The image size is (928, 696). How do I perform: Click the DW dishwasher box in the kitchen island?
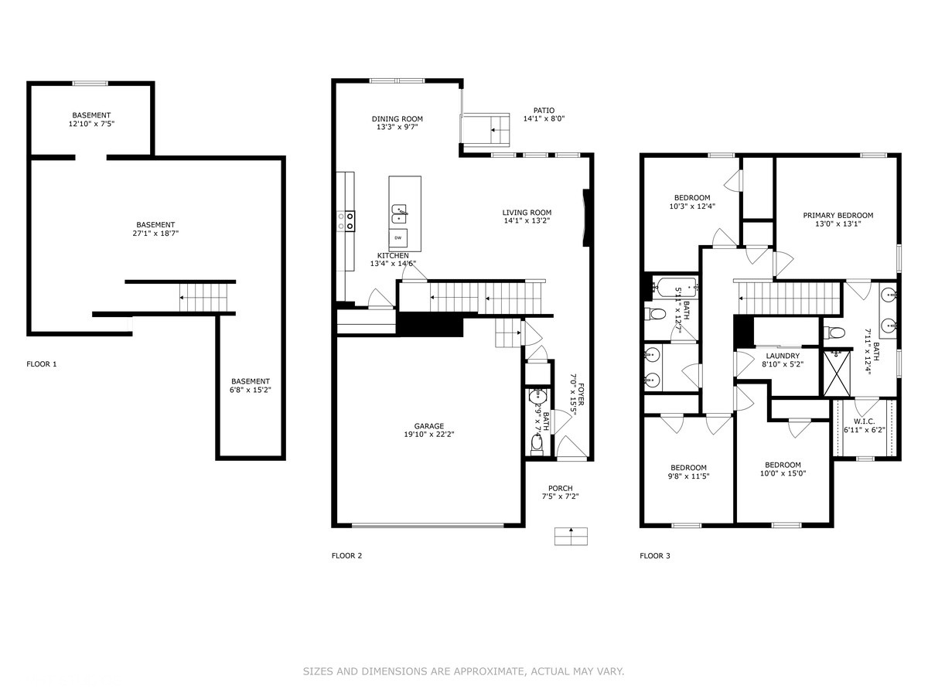pyautogui.click(x=397, y=238)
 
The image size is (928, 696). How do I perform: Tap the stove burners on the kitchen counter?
pyautogui.click(x=346, y=221)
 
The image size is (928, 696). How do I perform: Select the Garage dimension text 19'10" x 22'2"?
pyautogui.click(x=428, y=434)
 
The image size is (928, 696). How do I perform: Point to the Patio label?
pyautogui.click(x=544, y=111)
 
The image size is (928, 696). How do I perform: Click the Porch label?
pyautogui.click(x=560, y=489)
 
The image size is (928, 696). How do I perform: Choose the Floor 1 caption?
pyautogui.click(x=42, y=363)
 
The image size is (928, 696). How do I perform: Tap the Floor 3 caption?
pyautogui.click(x=655, y=556)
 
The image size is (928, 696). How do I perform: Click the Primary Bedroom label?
pyautogui.click(x=838, y=216)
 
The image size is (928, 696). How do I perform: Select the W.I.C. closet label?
pyautogui.click(x=864, y=421)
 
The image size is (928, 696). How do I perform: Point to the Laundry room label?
pyautogui.click(x=783, y=356)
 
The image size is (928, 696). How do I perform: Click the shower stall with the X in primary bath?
pyautogui.click(x=837, y=374)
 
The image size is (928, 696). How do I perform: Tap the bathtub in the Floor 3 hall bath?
pyautogui.click(x=675, y=287)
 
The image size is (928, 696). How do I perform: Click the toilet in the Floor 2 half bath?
pyautogui.click(x=537, y=444)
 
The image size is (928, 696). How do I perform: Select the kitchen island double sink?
pyautogui.click(x=400, y=214)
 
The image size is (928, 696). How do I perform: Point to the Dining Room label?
pyautogui.click(x=397, y=119)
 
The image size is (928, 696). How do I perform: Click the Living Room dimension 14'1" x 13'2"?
pyautogui.click(x=527, y=220)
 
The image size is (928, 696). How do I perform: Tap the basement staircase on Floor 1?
pyautogui.click(x=203, y=298)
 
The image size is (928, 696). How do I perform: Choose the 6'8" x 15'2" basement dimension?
pyautogui.click(x=251, y=390)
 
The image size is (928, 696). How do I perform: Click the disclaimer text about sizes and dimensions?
pyautogui.click(x=463, y=671)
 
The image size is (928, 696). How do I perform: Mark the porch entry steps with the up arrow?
pyautogui.click(x=571, y=536)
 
